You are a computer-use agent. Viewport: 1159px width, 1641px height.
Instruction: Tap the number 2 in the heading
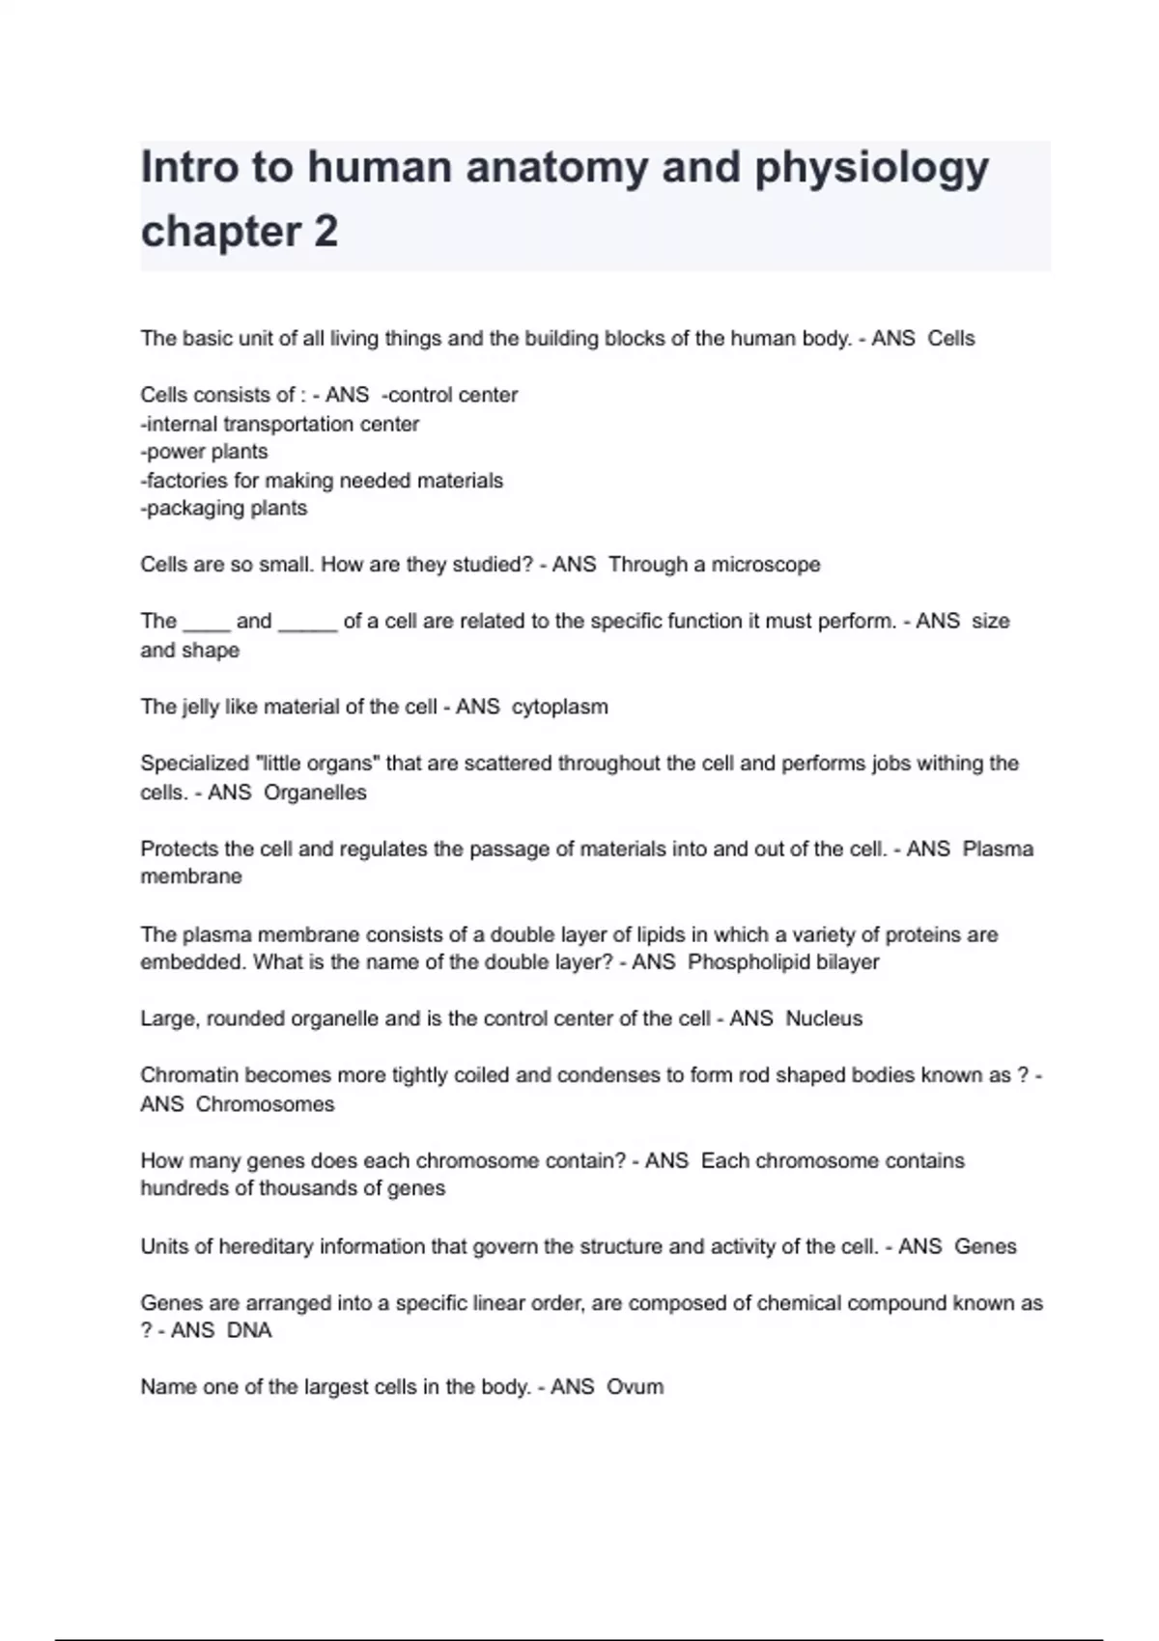(x=325, y=232)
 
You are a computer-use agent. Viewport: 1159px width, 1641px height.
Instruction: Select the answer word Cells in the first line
(x=951, y=339)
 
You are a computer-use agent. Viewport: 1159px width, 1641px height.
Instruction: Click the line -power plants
(x=204, y=452)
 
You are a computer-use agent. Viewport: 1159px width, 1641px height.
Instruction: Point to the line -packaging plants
(x=223, y=509)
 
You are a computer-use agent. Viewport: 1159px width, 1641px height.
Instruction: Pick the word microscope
(x=766, y=565)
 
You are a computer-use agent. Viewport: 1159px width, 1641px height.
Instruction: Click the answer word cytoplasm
(x=560, y=707)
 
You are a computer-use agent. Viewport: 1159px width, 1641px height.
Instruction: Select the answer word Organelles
(x=315, y=793)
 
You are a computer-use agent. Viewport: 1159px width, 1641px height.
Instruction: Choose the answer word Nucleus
(x=824, y=1018)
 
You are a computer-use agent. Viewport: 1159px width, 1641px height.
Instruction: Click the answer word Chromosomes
(x=265, y=1104)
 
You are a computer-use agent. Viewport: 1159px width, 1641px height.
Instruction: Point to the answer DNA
(x=249, y=1330)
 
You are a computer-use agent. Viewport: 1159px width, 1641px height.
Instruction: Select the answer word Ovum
(x=635, y=1387)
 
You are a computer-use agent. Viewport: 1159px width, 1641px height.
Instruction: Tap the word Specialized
(x=194, y=764)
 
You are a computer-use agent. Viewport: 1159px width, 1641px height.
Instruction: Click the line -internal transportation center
(x=279, y=424)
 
